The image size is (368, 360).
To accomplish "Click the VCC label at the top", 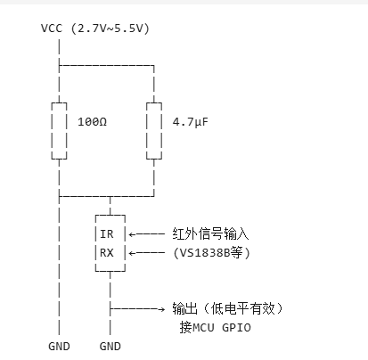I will [x=52, y=29].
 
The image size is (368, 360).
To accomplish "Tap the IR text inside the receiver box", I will [x=107, y=235].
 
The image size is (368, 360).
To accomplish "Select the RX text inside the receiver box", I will [x=107, y=253].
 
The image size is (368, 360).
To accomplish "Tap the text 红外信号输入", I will [x=209, y=234].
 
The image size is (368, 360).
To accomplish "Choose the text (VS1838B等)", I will [x=213, y=253].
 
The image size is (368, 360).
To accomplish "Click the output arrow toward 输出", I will [x=137, y=307].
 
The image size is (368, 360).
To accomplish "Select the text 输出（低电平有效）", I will [x=226, y=307].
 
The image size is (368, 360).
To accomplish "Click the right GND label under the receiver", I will [x=110, y=346].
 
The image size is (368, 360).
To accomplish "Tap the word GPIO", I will [x=240, y=326].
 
